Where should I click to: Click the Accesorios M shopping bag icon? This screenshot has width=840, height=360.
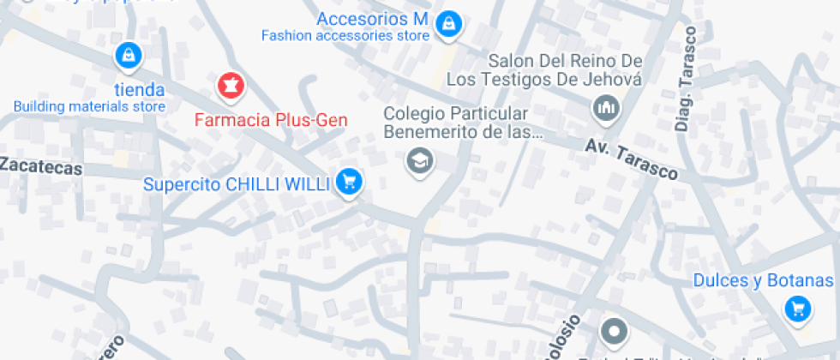(x=447, y=25)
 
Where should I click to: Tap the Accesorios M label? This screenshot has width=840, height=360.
(x=372, y=19)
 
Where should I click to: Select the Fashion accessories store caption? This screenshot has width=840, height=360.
(x=345, y=36)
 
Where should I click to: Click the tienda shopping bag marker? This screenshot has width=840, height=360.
(x=128, y=57)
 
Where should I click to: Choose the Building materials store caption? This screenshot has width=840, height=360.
(x=89, y=106)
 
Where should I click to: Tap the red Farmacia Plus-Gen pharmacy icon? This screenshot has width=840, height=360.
(x=230, y=85)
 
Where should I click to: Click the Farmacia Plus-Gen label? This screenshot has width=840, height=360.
(x=271, y=120)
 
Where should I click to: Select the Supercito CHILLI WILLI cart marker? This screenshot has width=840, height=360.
(x=348, y=181)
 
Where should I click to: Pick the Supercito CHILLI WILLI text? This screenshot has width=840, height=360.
(x=236, y=184)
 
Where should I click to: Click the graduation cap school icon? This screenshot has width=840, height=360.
(x=419, y=160)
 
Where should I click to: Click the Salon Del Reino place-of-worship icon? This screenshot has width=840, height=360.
(x=606, y=108)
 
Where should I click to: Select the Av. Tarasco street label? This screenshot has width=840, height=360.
(x=632, y=159)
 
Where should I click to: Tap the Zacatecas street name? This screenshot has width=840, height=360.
(x=41, y=167)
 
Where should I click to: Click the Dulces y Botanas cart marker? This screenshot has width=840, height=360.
(x=798, y=309)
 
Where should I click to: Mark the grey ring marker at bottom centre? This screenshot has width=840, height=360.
(x=614, y=331)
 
